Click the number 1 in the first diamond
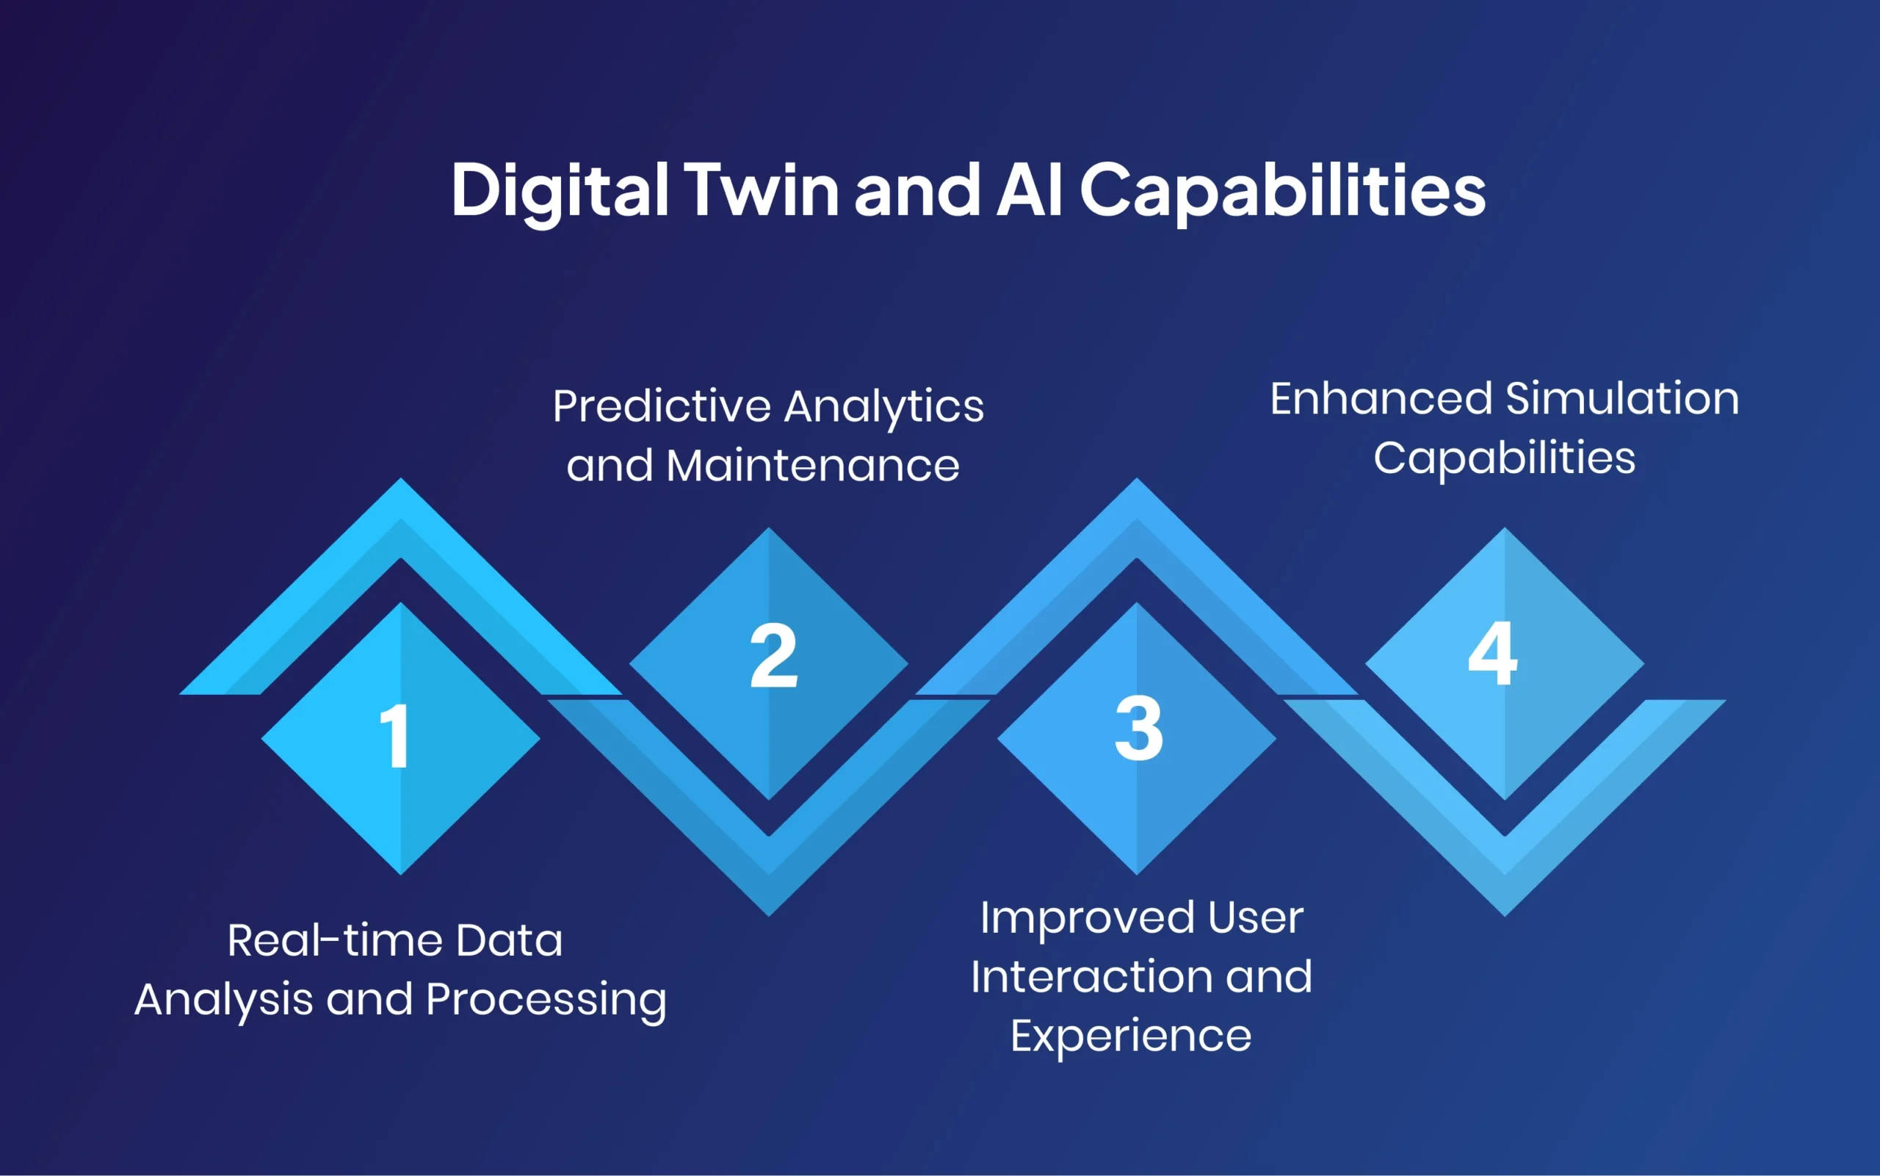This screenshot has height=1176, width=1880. [395, 736]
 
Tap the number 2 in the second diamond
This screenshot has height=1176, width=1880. [773, 656]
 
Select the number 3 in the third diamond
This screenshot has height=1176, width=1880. [1139, 729]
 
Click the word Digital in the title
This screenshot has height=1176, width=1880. [560, 190]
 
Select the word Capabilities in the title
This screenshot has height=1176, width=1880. [1283, 190]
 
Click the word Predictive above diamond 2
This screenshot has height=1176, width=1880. [662, 407]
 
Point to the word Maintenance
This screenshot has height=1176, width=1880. [812, 466]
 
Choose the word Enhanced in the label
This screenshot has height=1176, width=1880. [1381, 399]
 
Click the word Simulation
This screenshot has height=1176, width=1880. [1623, 399]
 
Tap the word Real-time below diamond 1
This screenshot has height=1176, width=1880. [335, 940]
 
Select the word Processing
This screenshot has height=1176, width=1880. [546, 1000]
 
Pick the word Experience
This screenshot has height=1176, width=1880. [1131, 1036]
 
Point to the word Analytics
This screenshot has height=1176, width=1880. [884, 407]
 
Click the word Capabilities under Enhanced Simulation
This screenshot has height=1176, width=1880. [1505, 459]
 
